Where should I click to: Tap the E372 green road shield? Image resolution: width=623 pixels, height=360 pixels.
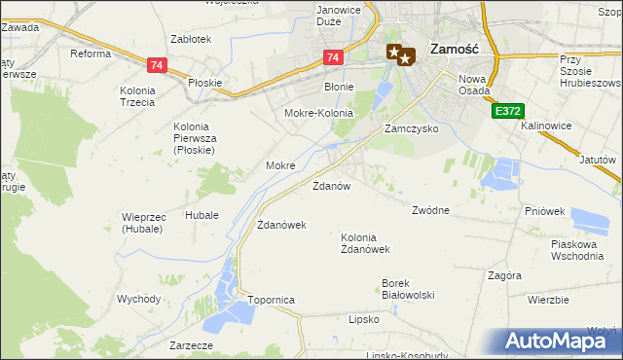[x=504, y=112]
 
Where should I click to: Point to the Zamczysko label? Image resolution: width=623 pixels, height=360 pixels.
[x=411, y=128]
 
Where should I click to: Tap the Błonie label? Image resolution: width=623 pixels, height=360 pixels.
[x=339, y=87]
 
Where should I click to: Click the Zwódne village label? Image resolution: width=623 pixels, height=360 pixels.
[x=430, y=209]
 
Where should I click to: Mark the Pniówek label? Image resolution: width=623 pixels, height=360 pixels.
[x=544, y=210]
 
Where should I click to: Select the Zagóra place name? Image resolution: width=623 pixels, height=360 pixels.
[x=505, y=275]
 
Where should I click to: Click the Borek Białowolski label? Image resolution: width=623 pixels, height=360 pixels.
[x=407, y=289]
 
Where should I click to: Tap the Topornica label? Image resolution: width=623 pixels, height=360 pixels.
[x=271, y=301]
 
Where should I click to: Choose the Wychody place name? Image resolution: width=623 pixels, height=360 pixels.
[x=137, y=299]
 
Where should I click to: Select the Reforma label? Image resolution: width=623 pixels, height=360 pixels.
[x=91, y=54]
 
